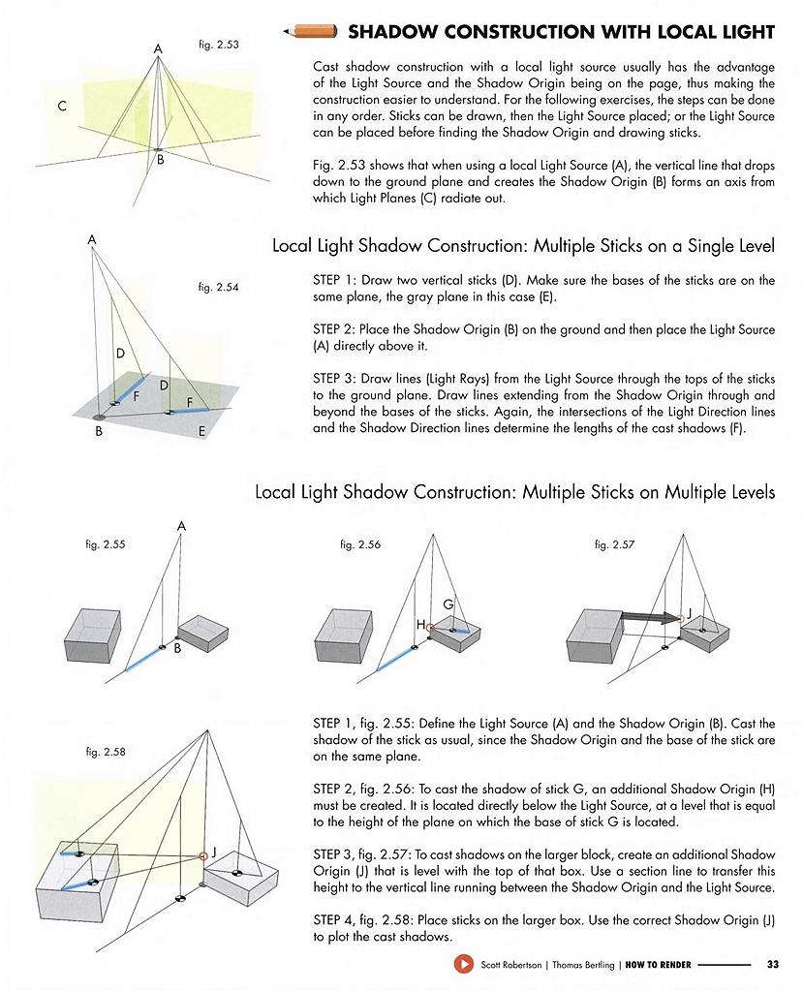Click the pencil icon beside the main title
click(x=310, y=31)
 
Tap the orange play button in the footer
click(x=463, y=964)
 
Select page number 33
click(x=773, y=964)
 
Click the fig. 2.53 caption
click(x=219, y=45)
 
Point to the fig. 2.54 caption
click(x=218, y=287)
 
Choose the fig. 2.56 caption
click(x=360, y=544)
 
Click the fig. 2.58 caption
click(x=106, y=752)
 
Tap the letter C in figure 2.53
click(x=62, y=106)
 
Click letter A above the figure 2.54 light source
click(x=92, y=240)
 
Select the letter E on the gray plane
click(x=201, y=431)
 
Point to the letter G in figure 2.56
click(x=448, y=604)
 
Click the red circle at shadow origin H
click(x=431, y=628)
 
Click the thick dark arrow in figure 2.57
click(x=650, y=615)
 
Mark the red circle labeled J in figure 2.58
click(x=203, y=856)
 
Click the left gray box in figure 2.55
click(x=93, y=636)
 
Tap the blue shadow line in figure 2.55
click(x=143, y=658)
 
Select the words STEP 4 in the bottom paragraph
click(x=333, y=920)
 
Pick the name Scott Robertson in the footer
click(x=511, y=965)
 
